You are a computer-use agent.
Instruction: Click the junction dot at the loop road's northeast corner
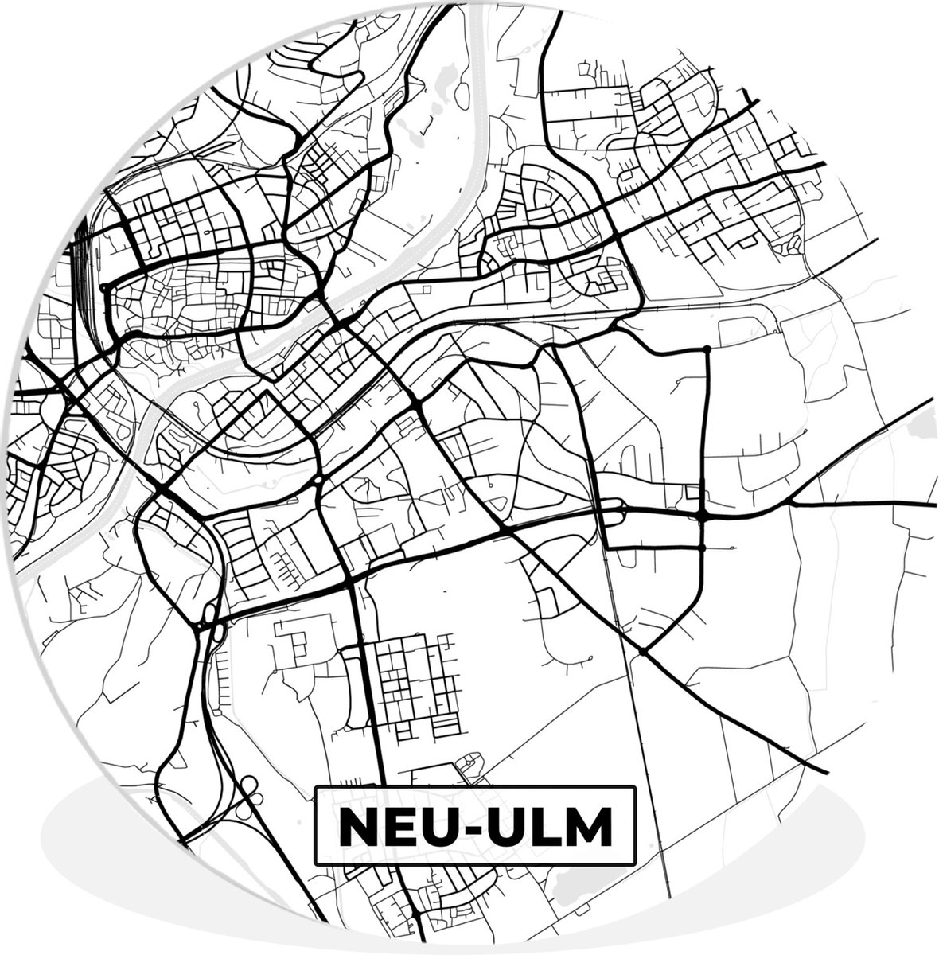click(x=707, y=349)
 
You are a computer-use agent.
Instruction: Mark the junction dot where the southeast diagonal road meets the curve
click(x=642, y=652)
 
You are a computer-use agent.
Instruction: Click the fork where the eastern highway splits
click(x=793, y=503)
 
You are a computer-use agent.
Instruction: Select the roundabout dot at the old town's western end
click(x=104, y=287)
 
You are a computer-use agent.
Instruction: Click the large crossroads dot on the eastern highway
click(x=701, y=516)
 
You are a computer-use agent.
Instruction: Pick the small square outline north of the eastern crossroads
click(x=692, y=492)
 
